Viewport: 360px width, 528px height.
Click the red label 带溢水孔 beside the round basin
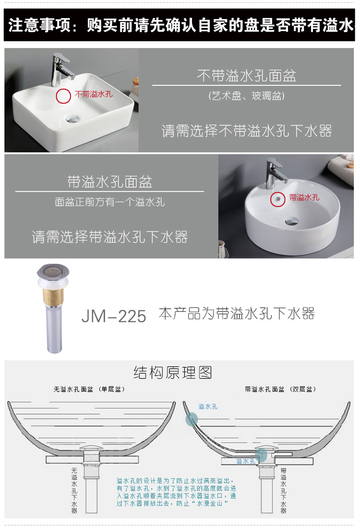coord(304,197)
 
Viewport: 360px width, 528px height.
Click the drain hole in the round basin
coord(290,221)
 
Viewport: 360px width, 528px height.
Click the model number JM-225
coord(114,316)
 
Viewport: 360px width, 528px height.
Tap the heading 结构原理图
coord(173,373)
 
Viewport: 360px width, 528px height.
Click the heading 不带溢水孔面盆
coord(246,75)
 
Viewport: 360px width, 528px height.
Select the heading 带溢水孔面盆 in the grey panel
coord(110,182)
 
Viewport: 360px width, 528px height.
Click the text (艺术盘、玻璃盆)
coord(247,96)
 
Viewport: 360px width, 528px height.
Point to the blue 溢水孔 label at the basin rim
coord(208,406)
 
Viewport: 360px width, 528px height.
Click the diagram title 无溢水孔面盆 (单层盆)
coord(89,389)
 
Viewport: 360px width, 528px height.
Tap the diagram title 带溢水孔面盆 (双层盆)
coord(280,389)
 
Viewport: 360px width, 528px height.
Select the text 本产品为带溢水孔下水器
coord(237,314)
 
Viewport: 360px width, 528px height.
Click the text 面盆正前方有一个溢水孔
coord(110,202)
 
